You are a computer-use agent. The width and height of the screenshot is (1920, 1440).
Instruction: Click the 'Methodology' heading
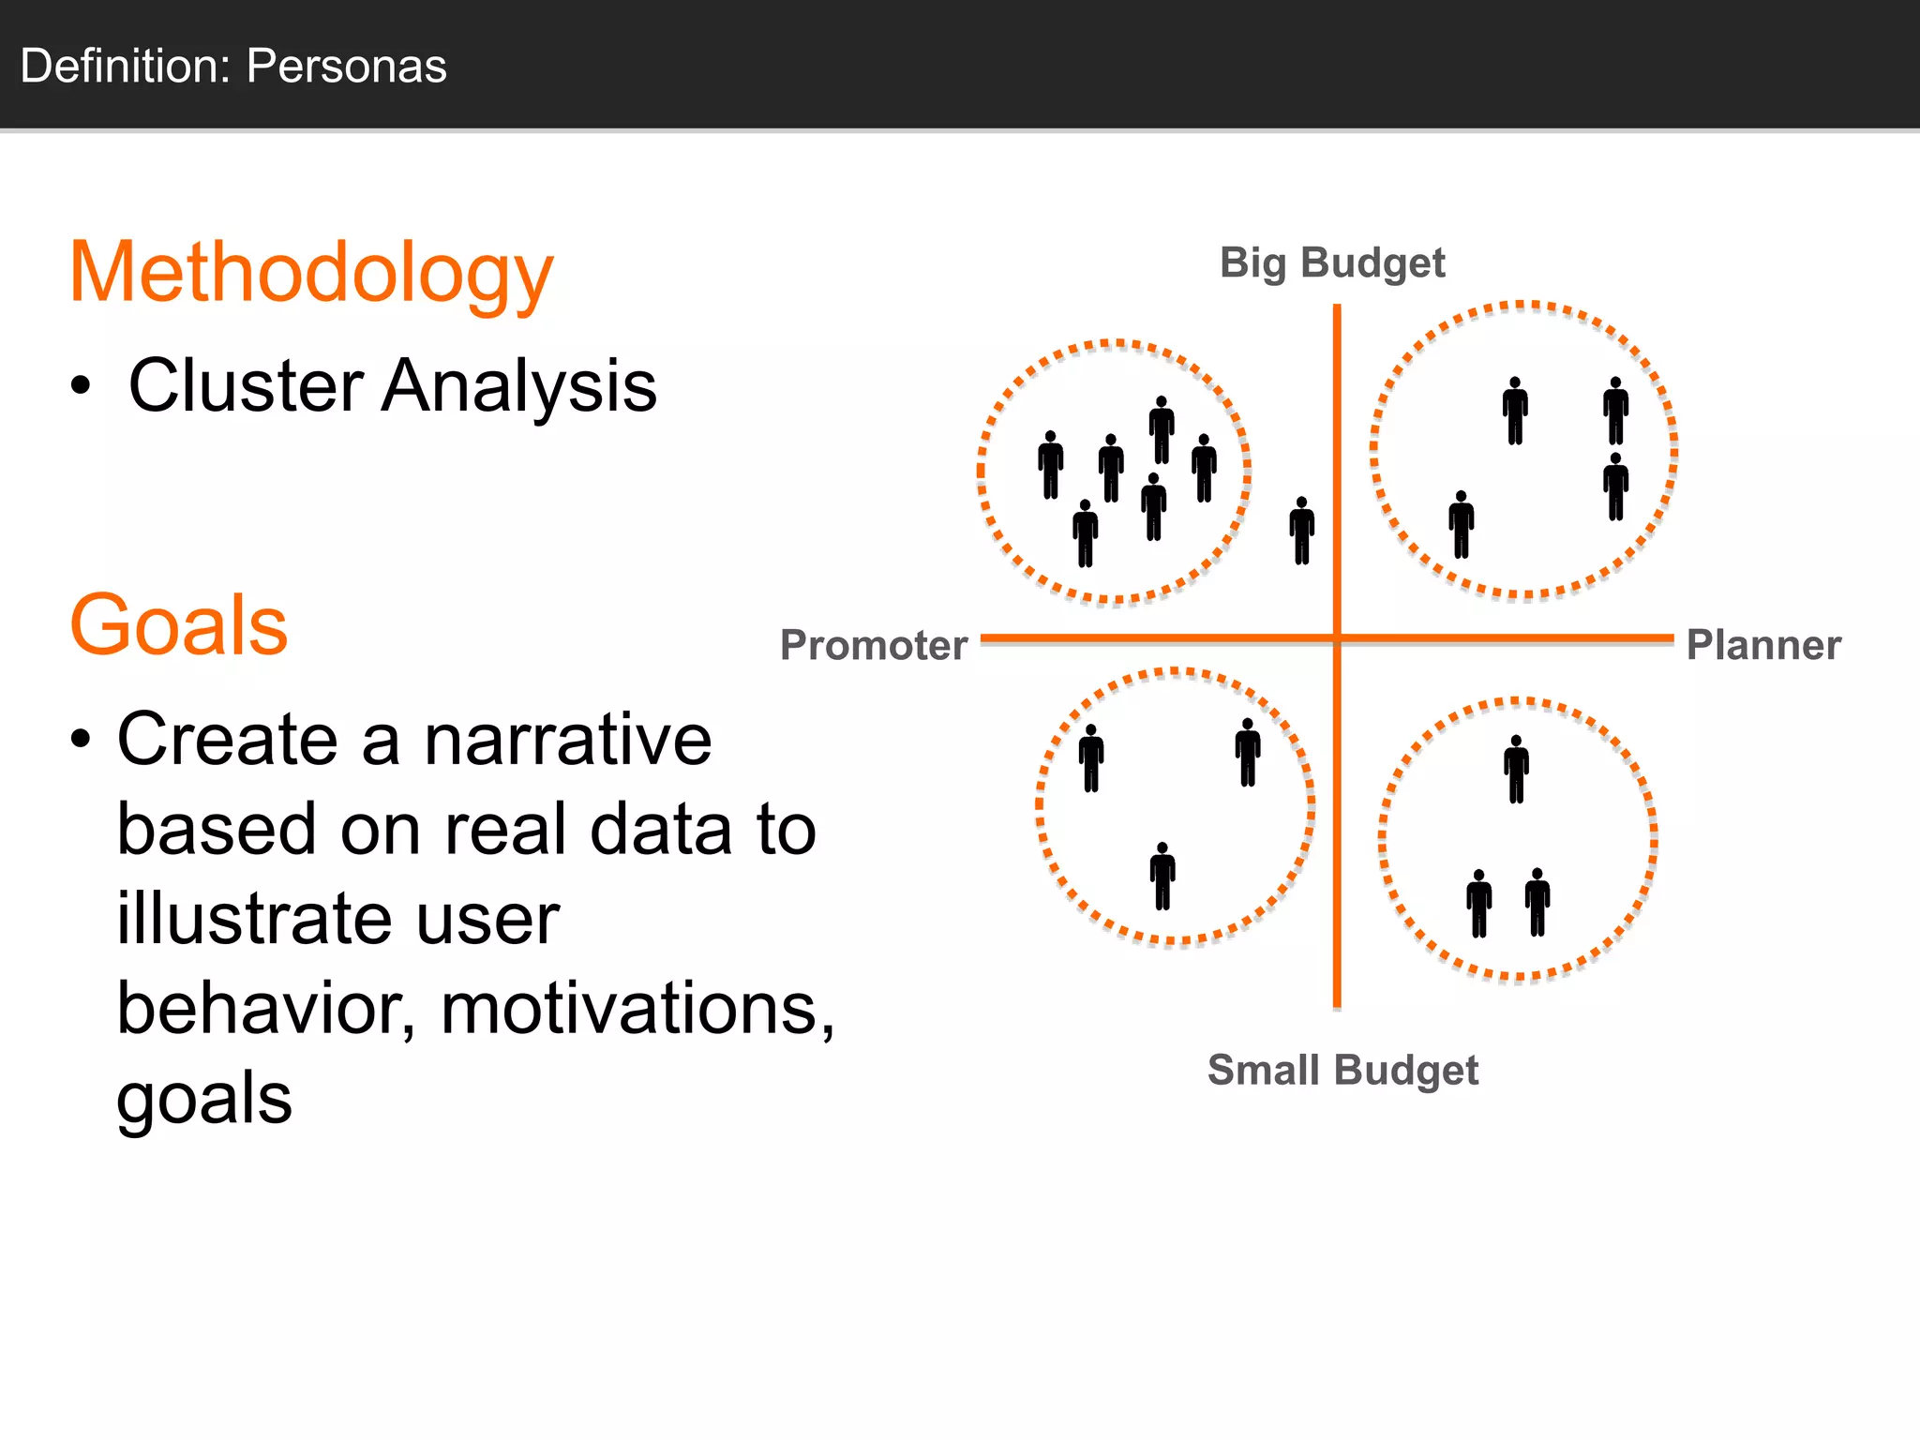(x=311, y=274)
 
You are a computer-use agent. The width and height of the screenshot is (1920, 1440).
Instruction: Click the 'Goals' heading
(x=178, y=625)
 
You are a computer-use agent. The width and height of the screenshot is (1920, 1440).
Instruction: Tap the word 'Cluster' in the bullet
(x=246, y=385)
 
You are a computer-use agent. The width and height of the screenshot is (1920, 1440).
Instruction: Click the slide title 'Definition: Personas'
(x=233, y=67)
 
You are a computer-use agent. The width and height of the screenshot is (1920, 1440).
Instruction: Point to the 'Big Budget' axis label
(x=1331, y=262)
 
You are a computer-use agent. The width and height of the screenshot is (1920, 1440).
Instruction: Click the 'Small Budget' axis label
(x=1342, y=1070)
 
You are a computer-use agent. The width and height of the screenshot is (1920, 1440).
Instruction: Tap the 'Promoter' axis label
(x=873, y=645)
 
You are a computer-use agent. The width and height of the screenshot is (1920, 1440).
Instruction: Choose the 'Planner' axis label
(x=1762, y=645)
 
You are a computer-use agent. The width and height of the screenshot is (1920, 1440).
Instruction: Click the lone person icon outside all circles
(x=1301, y=531)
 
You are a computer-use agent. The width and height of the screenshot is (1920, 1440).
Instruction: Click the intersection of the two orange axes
(x=1337, y=638)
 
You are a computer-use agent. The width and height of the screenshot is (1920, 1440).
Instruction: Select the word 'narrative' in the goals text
(x=567, y=740)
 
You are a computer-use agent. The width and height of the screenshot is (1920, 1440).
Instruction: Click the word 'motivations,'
(x=637, y=1009)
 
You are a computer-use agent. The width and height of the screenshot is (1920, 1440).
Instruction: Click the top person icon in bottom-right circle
(x=1516, y=770)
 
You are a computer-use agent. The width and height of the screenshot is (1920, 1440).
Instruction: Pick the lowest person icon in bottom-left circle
(x=1162, y=877)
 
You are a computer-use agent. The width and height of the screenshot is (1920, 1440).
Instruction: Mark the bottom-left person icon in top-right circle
(x=1461, y=525)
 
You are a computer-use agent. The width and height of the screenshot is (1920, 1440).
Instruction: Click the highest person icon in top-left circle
(x=1162, y=429)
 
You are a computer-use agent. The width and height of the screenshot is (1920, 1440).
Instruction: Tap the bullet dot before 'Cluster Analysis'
(x=82, y=386)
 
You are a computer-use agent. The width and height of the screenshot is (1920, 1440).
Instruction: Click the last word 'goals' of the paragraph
(x=204, y=1098)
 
